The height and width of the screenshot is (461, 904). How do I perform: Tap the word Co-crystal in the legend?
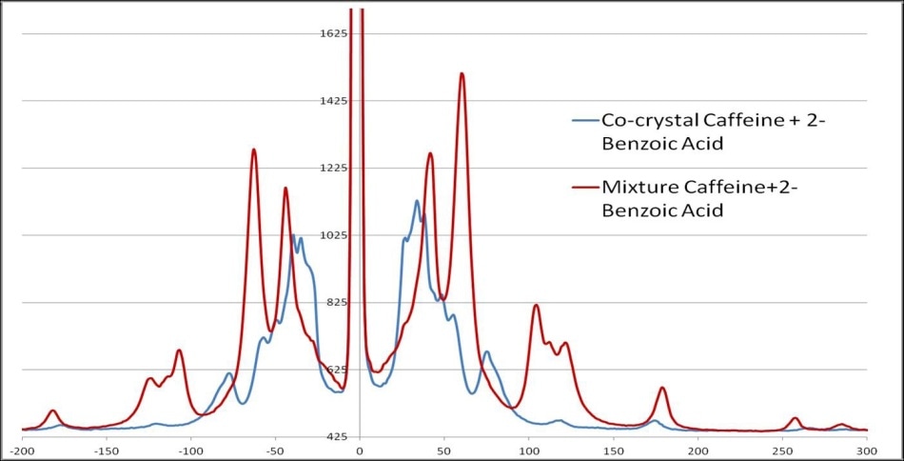pyautogui.click(x=647, y=121)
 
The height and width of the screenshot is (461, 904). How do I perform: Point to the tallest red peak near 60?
pyautogui.click(x=462, y=73)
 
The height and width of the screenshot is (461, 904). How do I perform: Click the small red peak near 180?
pyautogui.click(x=662, y=389)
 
